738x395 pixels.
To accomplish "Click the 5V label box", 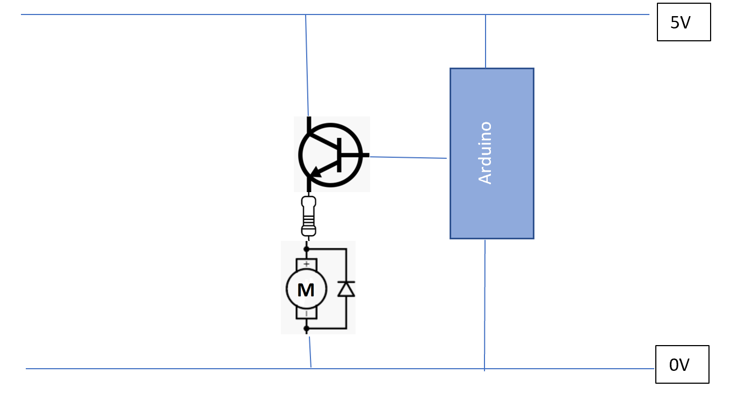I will coord(683,22).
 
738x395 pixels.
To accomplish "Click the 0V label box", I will coord(682,364).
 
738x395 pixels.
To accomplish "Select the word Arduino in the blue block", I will coord(485,153).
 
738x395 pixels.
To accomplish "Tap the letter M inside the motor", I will coord(306,290).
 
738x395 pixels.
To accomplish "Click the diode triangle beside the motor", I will coord(346,289).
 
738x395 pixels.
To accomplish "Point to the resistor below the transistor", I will coord(308,216).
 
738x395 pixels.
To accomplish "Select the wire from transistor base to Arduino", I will coord(408,157).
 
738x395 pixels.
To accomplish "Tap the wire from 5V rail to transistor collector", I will coord(307,64).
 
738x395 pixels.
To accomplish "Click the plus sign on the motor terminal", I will coord(306,264).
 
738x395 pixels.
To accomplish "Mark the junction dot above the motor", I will coord(307,249).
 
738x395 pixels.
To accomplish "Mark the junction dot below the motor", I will coord(307,327).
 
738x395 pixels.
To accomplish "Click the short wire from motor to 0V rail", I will coord(309,352).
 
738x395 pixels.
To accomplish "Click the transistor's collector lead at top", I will coord(309,125).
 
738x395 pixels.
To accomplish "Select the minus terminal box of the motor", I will coord(306,313).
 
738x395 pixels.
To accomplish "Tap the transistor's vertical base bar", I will coord(339,155).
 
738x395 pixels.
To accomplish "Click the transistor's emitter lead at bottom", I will coord(309,185).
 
